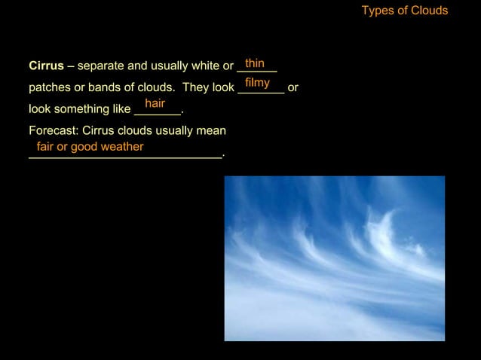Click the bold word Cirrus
46,66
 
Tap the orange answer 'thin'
255,63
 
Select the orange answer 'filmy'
257,82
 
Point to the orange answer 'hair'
155,103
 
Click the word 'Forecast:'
54,130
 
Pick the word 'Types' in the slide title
378,11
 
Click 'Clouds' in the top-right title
428,11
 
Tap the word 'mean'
211,130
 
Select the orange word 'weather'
121,147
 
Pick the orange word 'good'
84,147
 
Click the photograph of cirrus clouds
334,258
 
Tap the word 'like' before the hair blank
121,109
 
